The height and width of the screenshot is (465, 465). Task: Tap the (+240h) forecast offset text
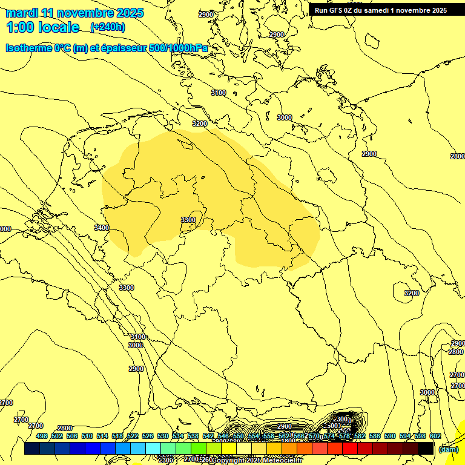point(108,27)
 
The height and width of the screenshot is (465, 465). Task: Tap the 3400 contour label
point(102,228)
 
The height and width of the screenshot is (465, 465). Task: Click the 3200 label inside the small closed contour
point(411,293)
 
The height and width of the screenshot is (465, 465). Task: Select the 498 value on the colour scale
point(42,436)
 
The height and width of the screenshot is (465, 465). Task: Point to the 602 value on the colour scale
point(435,436)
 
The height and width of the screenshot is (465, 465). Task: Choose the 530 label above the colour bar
point(163,436)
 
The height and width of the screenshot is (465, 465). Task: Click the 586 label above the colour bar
point(375,436)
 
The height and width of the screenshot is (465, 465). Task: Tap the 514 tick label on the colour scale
point(102,436)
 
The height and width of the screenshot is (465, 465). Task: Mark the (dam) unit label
point(448,449)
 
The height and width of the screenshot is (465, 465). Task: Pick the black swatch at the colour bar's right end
point(426,449)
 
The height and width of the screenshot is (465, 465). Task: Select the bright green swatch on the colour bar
point(199,449)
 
